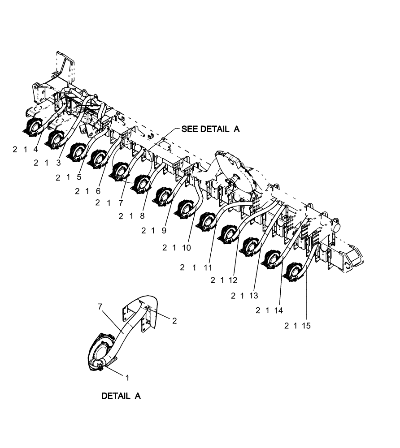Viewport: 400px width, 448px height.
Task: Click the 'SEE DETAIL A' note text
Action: [210, 129]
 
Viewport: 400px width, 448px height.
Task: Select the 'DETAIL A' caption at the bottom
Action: [121, 396]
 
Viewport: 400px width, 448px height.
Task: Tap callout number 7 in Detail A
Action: [100, 306]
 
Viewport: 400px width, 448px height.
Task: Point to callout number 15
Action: [306, 326]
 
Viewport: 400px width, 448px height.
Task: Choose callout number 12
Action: [232, 280]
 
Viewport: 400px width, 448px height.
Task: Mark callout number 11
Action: [207, 267]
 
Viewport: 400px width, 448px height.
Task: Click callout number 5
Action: [79, 177]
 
